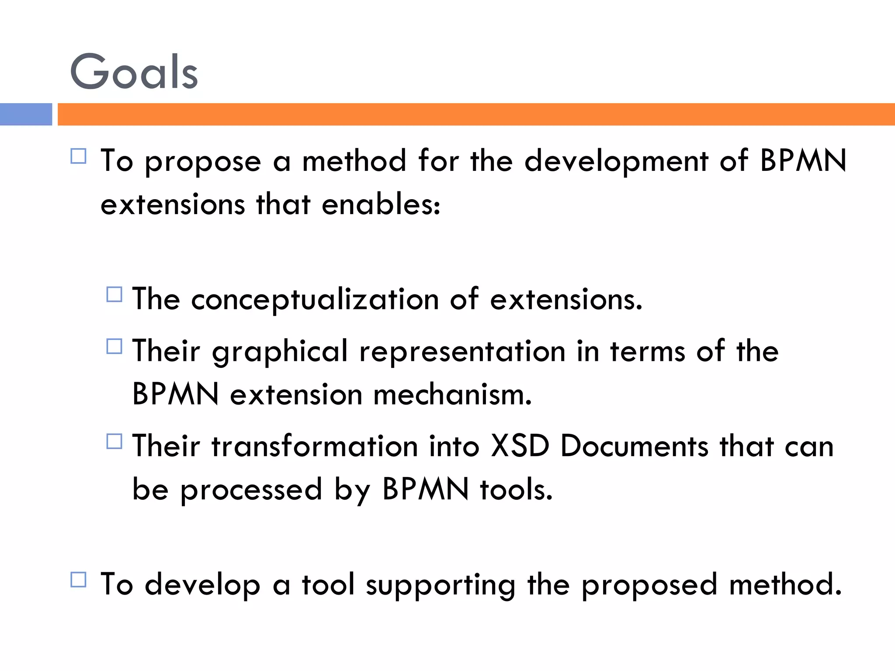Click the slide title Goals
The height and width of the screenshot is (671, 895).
point(134,71)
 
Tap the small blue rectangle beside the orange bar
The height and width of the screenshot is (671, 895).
point(26,114)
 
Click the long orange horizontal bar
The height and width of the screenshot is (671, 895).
point(476,114)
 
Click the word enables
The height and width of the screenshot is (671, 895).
point(381,204)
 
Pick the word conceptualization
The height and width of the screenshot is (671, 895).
point(315,300)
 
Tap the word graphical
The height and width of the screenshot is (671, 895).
point(280,352)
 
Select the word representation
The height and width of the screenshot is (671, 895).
point(462,352)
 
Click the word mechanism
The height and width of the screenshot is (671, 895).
point(452,394)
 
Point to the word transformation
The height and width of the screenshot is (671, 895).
point(315,446)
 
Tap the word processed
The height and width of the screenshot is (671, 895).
point(251,490)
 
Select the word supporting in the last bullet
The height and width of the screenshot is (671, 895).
point(441,585)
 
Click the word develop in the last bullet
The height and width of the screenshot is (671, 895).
point(202,585)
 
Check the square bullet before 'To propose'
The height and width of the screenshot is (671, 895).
point(79,156)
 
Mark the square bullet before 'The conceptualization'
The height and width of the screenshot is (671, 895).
point(114,294)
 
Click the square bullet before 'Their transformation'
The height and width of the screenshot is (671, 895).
point(114,441)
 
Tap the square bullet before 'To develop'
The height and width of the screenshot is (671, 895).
point(79,580)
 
